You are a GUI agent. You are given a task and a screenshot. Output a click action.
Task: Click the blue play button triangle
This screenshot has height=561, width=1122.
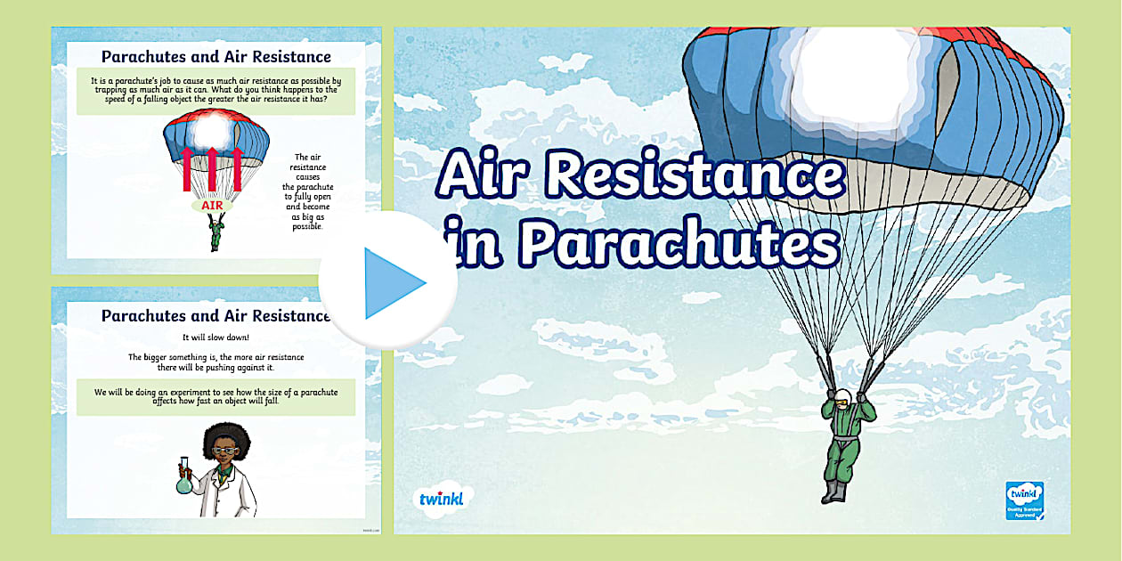[x=393, y=283]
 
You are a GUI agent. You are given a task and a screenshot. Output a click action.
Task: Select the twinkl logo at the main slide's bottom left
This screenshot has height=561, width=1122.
[x=442, y=498]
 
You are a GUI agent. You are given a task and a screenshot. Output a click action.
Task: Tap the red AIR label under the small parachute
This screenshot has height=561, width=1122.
[x=212, y=205]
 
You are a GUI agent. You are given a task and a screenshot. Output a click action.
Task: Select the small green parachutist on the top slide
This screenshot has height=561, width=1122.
[x=214, y=233]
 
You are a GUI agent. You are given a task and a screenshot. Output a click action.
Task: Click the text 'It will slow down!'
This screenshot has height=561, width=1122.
[x=216, y=337]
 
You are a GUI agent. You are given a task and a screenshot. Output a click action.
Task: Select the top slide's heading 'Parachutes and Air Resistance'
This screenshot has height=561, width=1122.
[x=216, y=57]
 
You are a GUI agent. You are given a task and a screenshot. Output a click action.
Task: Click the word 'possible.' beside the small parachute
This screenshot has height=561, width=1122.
[x=307, y=226]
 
